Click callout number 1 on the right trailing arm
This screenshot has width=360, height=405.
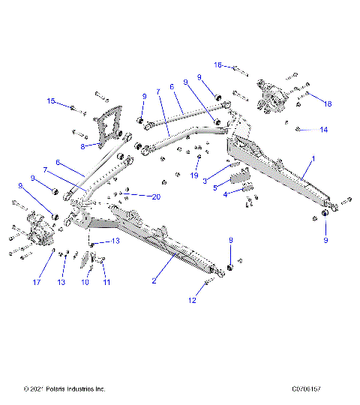click(313, 160)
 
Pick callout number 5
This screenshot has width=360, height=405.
click(215, 187)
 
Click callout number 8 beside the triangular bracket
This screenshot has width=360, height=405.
click(82, 146)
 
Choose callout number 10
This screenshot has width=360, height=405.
click(85, 283)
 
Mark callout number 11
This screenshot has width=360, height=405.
click(106, 283)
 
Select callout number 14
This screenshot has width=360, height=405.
click(323, 130)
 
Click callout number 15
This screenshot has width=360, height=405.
click(51, 100)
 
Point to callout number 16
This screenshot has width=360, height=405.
click(218, 65)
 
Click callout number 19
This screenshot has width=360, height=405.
click(194, 176)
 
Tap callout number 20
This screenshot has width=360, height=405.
click(155, 197)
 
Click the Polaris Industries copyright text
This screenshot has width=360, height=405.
click(64, 389)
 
